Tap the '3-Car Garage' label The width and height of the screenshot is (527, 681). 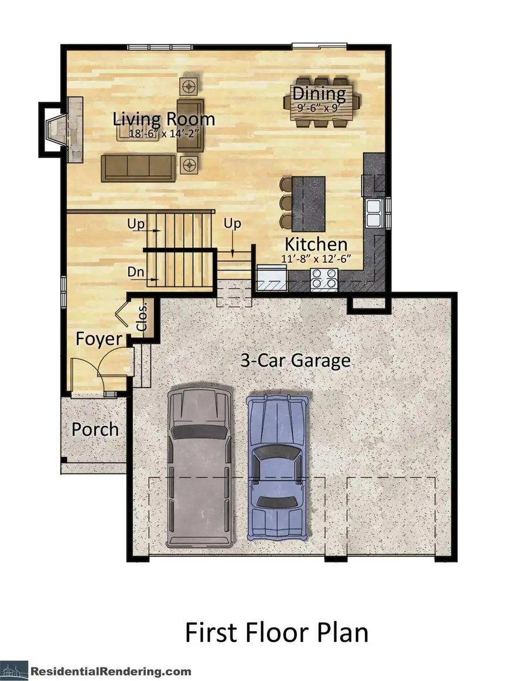coord(296,360)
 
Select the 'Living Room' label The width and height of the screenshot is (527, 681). coord(164,119)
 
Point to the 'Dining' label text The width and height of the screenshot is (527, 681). coord(319,93)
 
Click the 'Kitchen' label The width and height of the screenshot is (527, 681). coord(316,244)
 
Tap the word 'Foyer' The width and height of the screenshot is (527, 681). coord(99,339)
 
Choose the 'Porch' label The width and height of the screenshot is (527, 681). coord(95,429)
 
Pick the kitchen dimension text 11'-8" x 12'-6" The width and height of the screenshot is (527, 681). coord(316,258)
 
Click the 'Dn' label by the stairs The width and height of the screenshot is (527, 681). coord(134,272)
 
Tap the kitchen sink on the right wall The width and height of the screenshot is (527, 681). coord(373,212)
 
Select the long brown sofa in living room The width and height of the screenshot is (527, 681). coord(138,167)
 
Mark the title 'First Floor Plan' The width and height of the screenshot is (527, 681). coord(276,633)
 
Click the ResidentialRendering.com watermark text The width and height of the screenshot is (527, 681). coord(111,671)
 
